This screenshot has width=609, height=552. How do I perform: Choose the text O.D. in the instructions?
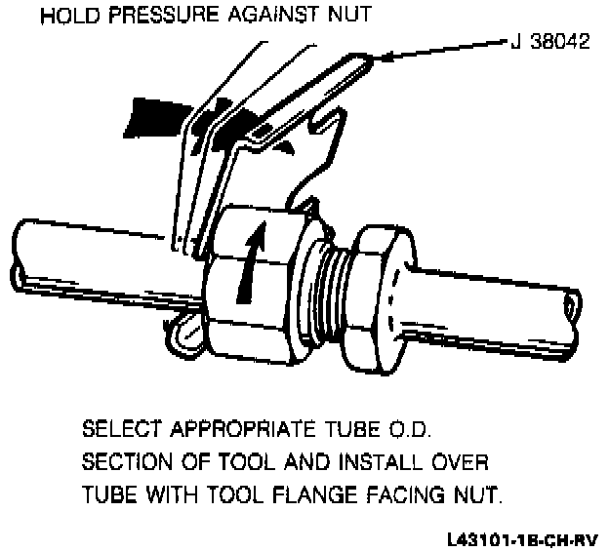coord(425,429)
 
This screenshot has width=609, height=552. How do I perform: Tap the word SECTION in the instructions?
coord(125,462)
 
